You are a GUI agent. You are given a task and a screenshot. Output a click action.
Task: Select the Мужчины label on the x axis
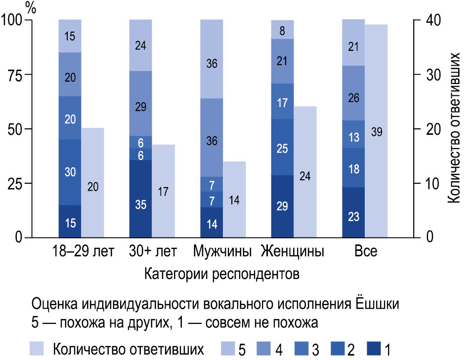pyautogui.click(x=223, y=251)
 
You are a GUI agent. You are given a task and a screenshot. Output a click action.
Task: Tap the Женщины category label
pyautogui.click(x=292, y=251)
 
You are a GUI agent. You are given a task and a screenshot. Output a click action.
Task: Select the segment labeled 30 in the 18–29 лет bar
pyautogui.click(x=70, y=172)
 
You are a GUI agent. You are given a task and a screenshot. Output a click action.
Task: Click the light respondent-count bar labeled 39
pyautogui.click(x=376, y=131)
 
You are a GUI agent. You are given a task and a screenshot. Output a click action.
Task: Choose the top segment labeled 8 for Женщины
pyautogui.click(x=283, y=30)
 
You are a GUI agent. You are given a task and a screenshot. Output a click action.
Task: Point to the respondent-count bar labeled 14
pyautogui.click(x=234, y=200)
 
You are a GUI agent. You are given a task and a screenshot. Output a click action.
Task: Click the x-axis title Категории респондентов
pyautogui.click(x=222, y=274)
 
